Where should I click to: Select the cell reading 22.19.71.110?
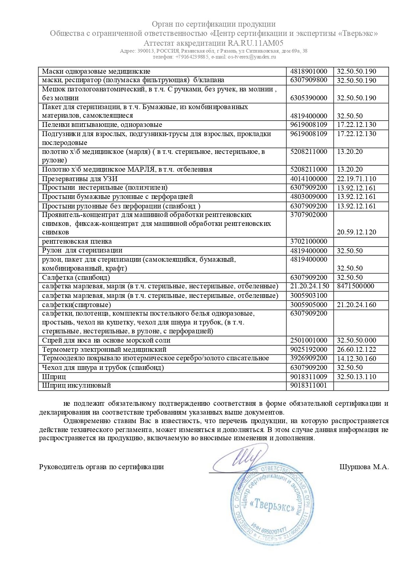356,179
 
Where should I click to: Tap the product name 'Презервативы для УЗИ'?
80,179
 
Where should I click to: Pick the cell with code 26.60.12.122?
356,349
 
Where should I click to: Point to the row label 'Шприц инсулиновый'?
76,385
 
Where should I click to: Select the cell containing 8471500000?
355,286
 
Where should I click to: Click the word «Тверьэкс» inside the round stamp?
272,505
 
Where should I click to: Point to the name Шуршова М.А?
364,467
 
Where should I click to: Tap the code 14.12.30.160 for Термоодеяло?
356,359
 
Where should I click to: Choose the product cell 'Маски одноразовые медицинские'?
96,71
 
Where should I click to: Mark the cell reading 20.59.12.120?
356,232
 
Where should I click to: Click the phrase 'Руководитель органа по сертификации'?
101,467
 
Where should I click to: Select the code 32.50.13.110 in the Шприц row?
356,377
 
